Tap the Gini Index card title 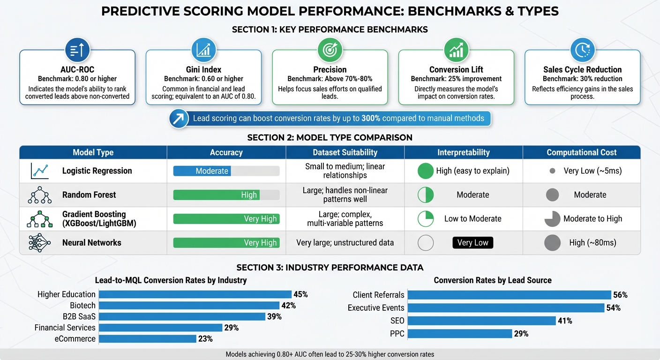(203, 69)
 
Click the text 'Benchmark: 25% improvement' (456, 79)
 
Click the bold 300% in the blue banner (371, 119)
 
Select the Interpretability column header (463, 152)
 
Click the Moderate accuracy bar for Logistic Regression (202, 171)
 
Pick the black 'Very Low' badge (472, 243)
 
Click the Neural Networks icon (39, 243)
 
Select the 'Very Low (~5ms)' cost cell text (592, 171)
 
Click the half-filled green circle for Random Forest (426, 195)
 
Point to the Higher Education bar (195, 294)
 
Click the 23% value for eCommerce (205, 339)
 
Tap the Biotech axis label (82, 306)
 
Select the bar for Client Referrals (509, 295)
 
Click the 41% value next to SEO (565, 321)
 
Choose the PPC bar (459, 334)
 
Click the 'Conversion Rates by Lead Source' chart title (492, 280)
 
